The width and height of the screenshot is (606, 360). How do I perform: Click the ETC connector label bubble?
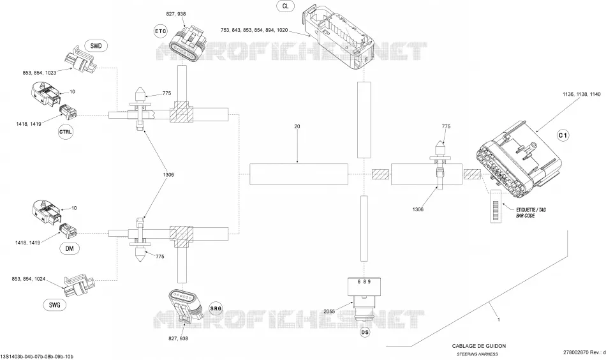pyautogui.click(x=161, y=31)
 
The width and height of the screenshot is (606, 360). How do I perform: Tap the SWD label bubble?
pyautogui.click(x=96, y=46)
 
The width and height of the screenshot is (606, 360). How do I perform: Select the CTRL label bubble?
pyautogui.click(x=65, y=132)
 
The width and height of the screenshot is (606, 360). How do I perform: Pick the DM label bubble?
pyautogui.click(x=70, y=248)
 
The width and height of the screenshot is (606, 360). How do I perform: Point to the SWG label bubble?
pyautogui.click(x=55, y=304)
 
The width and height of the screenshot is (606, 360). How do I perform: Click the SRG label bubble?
pyautogui.click(x=216, y=308)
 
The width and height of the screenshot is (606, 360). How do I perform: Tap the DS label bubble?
pyautogui.click(x=364, y=332)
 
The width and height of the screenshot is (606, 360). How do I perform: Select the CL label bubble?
pyautogui.click(x=285, y=6)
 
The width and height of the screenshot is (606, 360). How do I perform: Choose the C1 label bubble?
pyautogui.click(x=563, y=135)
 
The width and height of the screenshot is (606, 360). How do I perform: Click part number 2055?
pyautogui.click(x=329, y=311)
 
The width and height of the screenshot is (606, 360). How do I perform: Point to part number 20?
pyautogui.click(x=297, y=126)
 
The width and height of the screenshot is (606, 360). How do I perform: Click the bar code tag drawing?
pyautogui.click(x=496, y=206)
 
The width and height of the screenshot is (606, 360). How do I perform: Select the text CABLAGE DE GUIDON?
pyautogui.click(x=479, y=346)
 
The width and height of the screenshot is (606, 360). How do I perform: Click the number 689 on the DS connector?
pyautogui.click(x=364, y=281)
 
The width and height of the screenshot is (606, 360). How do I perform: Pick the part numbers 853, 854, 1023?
pyautogui.click(x=40, y=72)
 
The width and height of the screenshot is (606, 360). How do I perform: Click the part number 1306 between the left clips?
pyautogui.click(x=168, y=175)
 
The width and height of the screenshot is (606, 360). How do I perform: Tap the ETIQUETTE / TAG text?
pyautogui.click(x=531, y=210)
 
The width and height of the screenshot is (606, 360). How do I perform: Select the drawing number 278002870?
pyautogui.click(x=576, y=352)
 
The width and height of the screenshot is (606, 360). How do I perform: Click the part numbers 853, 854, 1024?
pyautogui.click(x=29, y=279)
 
